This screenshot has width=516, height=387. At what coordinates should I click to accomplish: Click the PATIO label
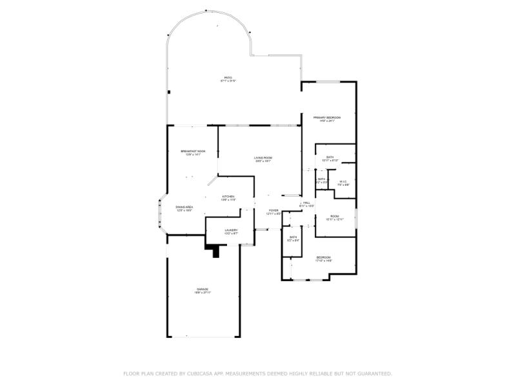pyautogui.click(x=228, y=77)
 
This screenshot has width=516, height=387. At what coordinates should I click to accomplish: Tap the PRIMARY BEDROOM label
pyautogui.click(x=327, y=117)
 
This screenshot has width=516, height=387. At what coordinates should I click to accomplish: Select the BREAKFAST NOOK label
pyautogui.click(x=193, y=151)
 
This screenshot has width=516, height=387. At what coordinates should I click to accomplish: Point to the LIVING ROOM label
pyautogui.click(x=263, y=157)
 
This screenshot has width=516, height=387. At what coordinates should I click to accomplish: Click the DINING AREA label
pyautogui.click(x=184, y=206)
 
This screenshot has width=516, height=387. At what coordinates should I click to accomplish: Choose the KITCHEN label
pyautogui.click(x=228, y=196)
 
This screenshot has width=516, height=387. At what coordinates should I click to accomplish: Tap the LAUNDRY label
pyautogui.click(x=231, y=230)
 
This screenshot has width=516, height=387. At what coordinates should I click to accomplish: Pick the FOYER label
pyautogui.click(x=274, y=210)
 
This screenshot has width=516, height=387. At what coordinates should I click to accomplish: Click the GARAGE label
pyautogui.click(x=203, y=288)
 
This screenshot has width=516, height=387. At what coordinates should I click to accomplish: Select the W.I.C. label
pyautogui.click(x=343, y=181)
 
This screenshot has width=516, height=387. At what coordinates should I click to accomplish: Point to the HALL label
pyautogui.click(x=306, y=203)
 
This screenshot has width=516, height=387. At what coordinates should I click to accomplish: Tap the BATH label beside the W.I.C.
pyautogui.click(x=321, y=179)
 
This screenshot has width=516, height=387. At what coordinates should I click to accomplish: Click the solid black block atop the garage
pyautogui.click(x=213, y=249)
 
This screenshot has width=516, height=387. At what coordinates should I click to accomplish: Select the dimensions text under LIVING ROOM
pyautogui.click(x=263, y=161)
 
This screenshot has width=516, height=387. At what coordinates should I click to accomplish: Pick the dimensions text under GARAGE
pyautogui.click(x=203, y=292)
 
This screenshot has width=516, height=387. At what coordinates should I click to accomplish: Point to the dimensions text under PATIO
pyautogui.click(x=228, y=81)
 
